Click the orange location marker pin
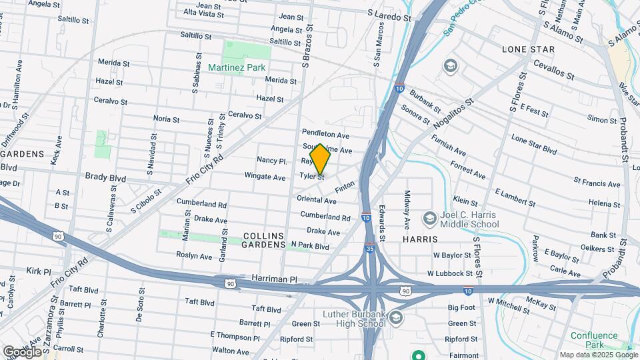320,159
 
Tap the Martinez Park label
236,67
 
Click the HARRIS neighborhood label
420,239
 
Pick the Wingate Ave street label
265,177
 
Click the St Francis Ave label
597,181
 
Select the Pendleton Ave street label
325,133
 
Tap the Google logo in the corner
22,351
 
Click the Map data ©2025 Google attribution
598,355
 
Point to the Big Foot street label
461,307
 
